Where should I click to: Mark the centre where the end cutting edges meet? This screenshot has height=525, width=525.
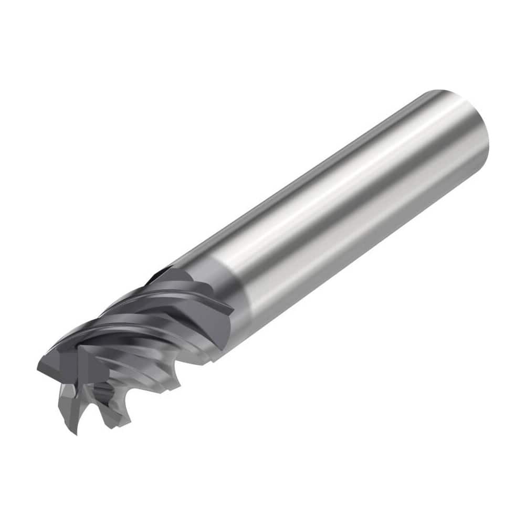(x=79, y=362)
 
